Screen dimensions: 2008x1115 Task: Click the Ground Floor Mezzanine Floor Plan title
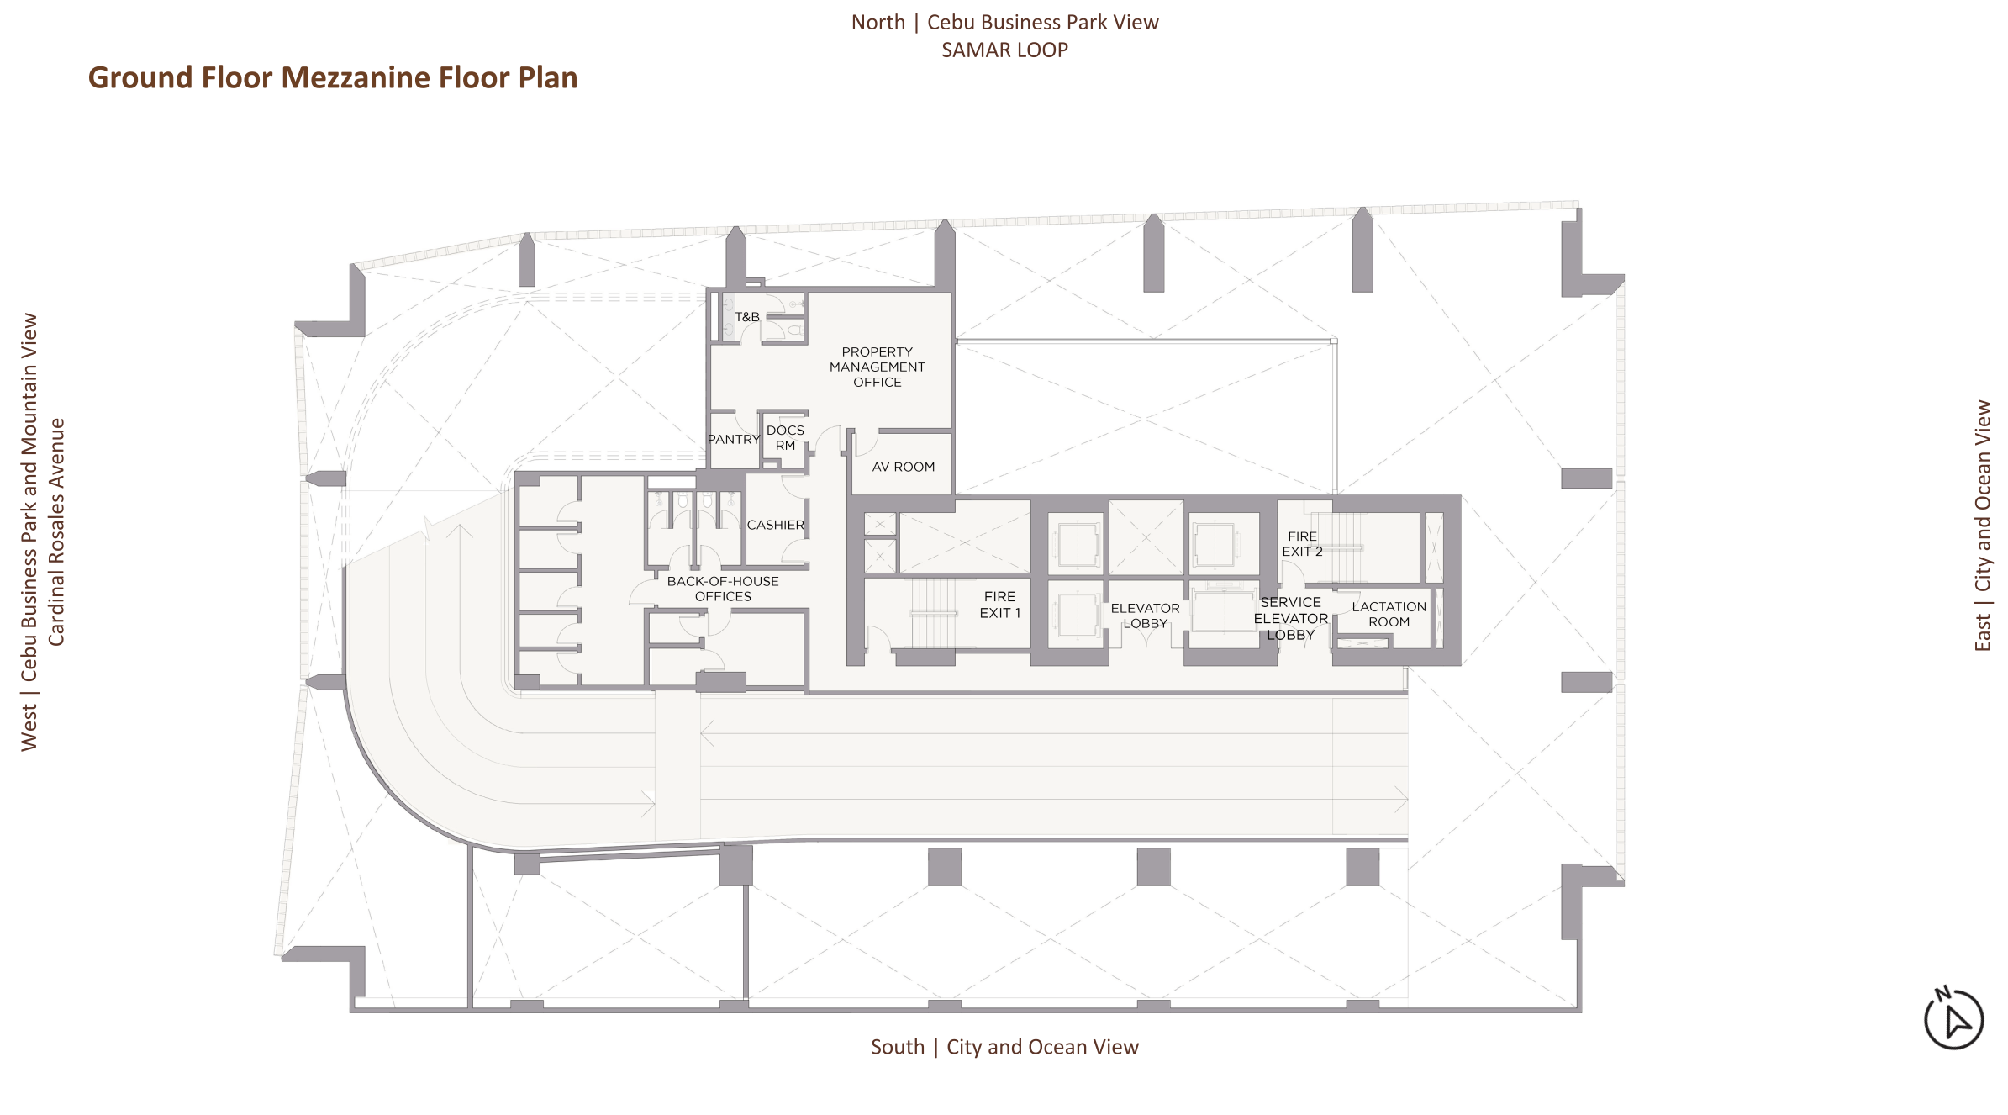[333, 77]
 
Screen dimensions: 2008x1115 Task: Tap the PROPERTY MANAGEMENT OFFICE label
[877, 367]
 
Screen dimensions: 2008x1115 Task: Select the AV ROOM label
[903, 467]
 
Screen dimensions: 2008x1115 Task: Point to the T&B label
[747, 317]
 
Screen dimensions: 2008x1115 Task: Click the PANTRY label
[733, 439]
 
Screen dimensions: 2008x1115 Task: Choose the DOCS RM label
[785, 437]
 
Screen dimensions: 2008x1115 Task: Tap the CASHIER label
[775, 525]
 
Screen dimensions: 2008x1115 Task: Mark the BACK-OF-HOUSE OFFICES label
[723, 589]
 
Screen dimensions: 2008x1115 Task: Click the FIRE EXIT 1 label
[999, 605]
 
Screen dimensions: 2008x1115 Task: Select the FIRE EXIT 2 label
[1302, 544]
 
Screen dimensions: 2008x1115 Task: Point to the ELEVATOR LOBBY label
[1145, 616]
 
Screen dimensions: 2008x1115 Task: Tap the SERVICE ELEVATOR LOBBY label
[1290, 618]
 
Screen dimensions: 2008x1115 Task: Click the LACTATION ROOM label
[1389, 614]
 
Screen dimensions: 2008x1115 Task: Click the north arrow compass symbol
[1953, 1018]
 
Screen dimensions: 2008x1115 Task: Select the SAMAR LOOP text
[1004, 50]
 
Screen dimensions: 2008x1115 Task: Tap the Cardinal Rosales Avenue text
[56, 532]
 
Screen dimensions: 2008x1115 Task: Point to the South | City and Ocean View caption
[1004, 1047]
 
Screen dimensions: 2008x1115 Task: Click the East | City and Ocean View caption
[1983, 526]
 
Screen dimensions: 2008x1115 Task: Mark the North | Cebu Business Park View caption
[1004, 22]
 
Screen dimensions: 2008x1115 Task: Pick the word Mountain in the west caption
[29, 407]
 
